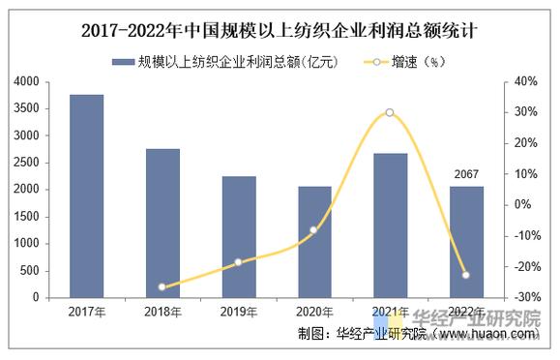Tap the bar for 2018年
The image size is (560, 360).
162,224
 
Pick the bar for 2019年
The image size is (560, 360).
238,237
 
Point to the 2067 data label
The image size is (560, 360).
466,175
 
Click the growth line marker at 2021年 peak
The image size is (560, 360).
390,112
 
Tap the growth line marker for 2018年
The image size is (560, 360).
162,287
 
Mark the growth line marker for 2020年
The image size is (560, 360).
313,229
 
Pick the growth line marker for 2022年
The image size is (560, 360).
466,275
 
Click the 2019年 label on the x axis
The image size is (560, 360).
238,311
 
